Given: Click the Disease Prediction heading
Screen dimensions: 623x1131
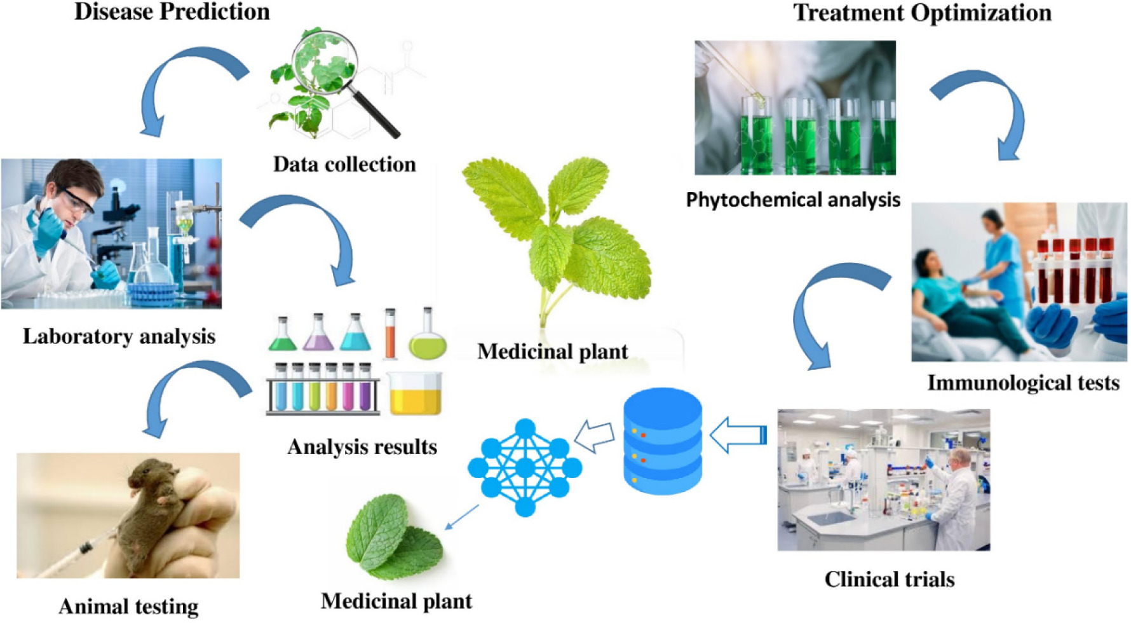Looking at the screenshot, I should click(172, 11).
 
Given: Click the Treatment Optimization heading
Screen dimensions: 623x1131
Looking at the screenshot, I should click(922, 13).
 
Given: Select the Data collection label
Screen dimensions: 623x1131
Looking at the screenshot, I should click(344, 164).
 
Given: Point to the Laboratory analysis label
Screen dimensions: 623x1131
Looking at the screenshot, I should click(119, 336).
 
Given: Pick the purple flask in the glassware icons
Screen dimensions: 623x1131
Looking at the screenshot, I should click(318, 333).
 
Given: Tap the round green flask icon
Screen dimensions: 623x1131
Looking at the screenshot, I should click(428, 337).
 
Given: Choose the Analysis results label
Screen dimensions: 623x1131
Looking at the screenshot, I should click(362, 446).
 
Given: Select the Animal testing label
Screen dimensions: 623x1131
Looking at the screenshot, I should click(128, 606).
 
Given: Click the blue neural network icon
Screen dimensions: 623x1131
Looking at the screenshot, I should click(525, 467).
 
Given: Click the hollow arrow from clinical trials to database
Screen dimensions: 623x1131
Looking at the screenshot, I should click(737, 435).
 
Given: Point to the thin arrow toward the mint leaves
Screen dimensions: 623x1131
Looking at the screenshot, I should click(462, 516).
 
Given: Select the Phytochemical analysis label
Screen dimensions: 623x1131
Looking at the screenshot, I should click(793, 200).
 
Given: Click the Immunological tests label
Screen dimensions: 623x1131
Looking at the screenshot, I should click(1023, 382).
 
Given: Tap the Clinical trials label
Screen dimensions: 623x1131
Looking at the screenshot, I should click(889, 579).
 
